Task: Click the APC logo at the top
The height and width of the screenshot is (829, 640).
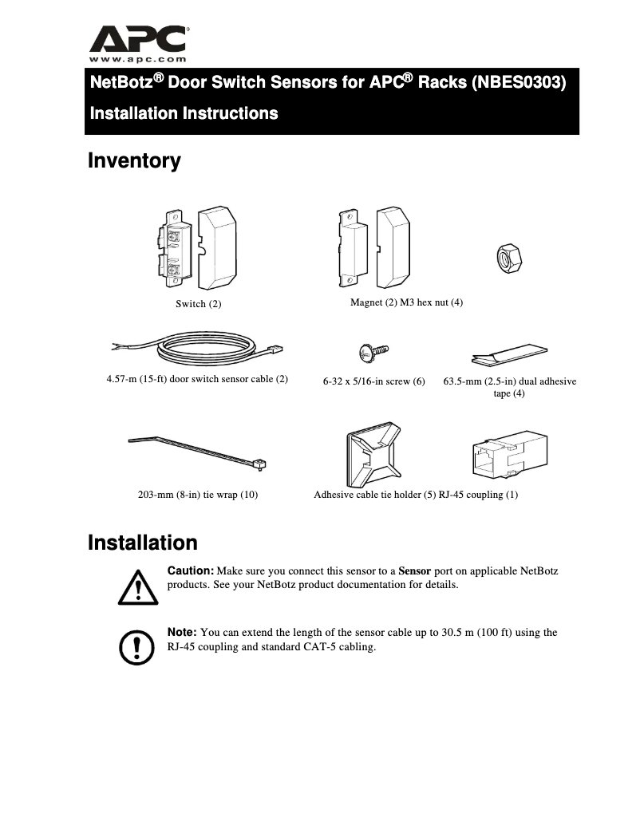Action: pyautogui.click(x=138, y=38)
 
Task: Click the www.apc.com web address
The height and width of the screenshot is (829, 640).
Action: pyautogui.click(x=138, y=59)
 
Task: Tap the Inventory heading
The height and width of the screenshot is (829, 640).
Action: pyautogui.click(x=134, y=161)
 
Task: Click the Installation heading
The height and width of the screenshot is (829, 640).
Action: pyautogui.click(x=142, y=543)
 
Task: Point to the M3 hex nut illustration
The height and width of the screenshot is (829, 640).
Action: pyautogui.click(x=508, y=259)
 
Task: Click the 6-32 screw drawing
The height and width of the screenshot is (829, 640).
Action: pyautogui.click(x=373, y=350)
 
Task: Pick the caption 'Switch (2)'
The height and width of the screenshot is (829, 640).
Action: pyautogui.click(x=199, y=304)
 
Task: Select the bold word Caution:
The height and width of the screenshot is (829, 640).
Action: pyautogui.click(x=190, y=571)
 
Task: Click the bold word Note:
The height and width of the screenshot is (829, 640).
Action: pyautogui.click(x=182, y=633)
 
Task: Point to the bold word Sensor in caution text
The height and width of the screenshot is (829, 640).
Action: pyautogui.click(x=414, y=571)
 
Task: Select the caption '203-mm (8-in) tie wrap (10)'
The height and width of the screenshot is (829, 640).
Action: pyautogui.click(x=198, y=495)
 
